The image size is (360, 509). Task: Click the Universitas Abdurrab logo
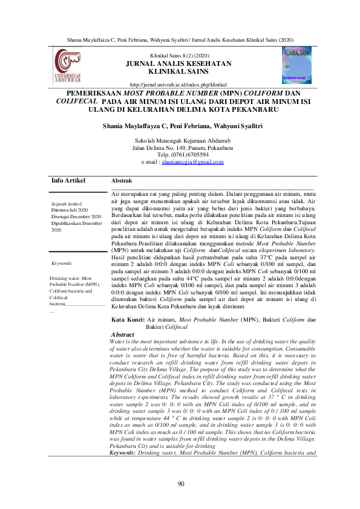tap(70, 67)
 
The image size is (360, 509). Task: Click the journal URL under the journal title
tap(178, 85)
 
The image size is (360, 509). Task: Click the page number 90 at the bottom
tap(180, 484)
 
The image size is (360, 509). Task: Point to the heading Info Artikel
tap(68, 181)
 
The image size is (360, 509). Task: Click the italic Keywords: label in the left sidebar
tap(62, 264)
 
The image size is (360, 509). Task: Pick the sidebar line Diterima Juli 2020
tap(70, 210)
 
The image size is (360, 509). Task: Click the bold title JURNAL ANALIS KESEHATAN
tap(178, 63)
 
